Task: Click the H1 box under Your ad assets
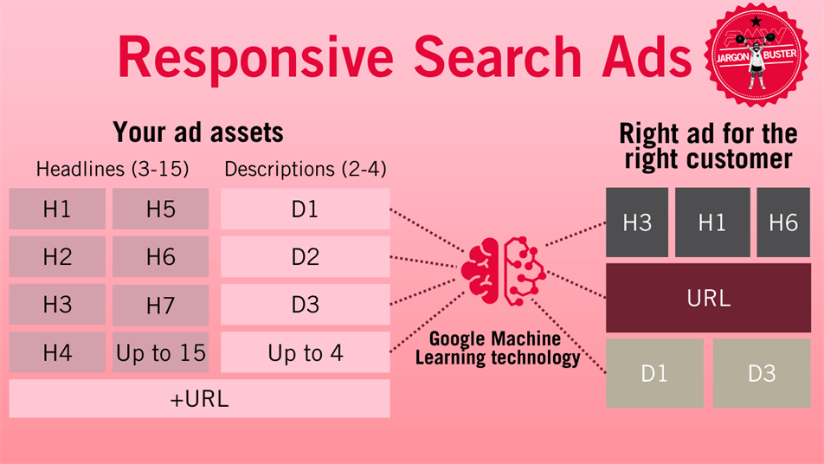(x=57, y=209)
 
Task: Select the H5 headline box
(x=160, y=209)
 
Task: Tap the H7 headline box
(x=160, y=305)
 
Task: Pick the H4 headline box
(x=57, y=352)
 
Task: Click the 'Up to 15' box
(x=160, y=352)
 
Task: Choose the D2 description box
(x=306, y=256)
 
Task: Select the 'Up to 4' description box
(x=306, y=352)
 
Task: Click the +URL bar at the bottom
(x=199, y=399)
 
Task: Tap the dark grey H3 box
(x=637, y=222)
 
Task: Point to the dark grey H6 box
(x=783, y=222)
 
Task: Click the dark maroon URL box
(x=708, y=298)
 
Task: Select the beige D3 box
(x=762, y=373)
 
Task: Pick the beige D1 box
(x=654, y=373)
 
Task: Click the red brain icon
(x=501, y=271)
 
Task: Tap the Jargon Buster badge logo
(x=756, y=55)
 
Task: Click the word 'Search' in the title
(x=498, y=57)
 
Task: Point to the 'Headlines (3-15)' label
(x=113, y=169)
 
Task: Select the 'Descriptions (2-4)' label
(x=306, y=169)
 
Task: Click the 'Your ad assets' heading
(x=198, y=132)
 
